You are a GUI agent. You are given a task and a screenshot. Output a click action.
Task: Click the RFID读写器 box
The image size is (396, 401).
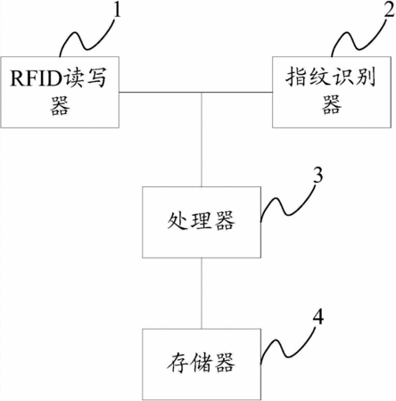[60, 92]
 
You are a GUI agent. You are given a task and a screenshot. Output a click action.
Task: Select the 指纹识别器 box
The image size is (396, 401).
[332, 92]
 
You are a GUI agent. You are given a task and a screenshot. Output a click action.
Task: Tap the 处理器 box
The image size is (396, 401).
[202, 222]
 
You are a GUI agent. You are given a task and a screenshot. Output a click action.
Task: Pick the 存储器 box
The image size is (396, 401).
[202, 364]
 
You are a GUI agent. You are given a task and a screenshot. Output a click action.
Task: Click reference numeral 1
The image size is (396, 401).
[118, 10]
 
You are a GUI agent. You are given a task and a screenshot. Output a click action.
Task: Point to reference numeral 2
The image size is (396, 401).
[389, 10]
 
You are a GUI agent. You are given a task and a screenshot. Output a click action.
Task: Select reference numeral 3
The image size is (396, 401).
[318, 176]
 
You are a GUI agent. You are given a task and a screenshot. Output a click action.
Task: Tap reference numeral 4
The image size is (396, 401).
[318, 316]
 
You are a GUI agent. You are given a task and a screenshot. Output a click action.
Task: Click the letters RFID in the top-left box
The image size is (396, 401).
[36, 78]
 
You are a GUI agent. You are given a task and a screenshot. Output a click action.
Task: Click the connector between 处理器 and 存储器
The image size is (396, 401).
[202, 293]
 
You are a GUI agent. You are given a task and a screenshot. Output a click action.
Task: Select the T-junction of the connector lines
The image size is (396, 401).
[202, 93]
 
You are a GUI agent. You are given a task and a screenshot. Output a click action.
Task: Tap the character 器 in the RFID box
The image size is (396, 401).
[60, 106]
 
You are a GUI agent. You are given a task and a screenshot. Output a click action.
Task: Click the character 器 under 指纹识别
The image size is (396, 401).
[332, 105]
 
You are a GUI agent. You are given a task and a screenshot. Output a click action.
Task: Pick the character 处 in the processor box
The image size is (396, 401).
[177, 221]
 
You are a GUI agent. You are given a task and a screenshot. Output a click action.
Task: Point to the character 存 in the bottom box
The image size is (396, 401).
[177, 363]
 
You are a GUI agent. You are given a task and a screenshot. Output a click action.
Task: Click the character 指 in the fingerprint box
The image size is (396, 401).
[296, 78]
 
